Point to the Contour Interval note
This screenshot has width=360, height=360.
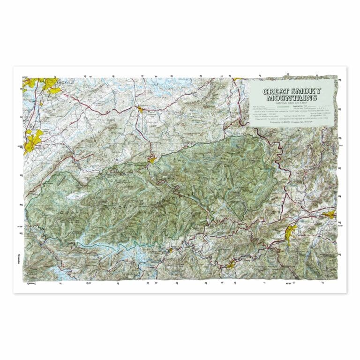coord(296,115)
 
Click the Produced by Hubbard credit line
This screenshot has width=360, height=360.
coord(292,123)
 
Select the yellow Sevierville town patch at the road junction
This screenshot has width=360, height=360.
coord(140,110)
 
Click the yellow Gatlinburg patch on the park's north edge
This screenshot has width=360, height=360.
coord(152,160)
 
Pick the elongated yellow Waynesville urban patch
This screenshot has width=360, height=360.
coord(291,232)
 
